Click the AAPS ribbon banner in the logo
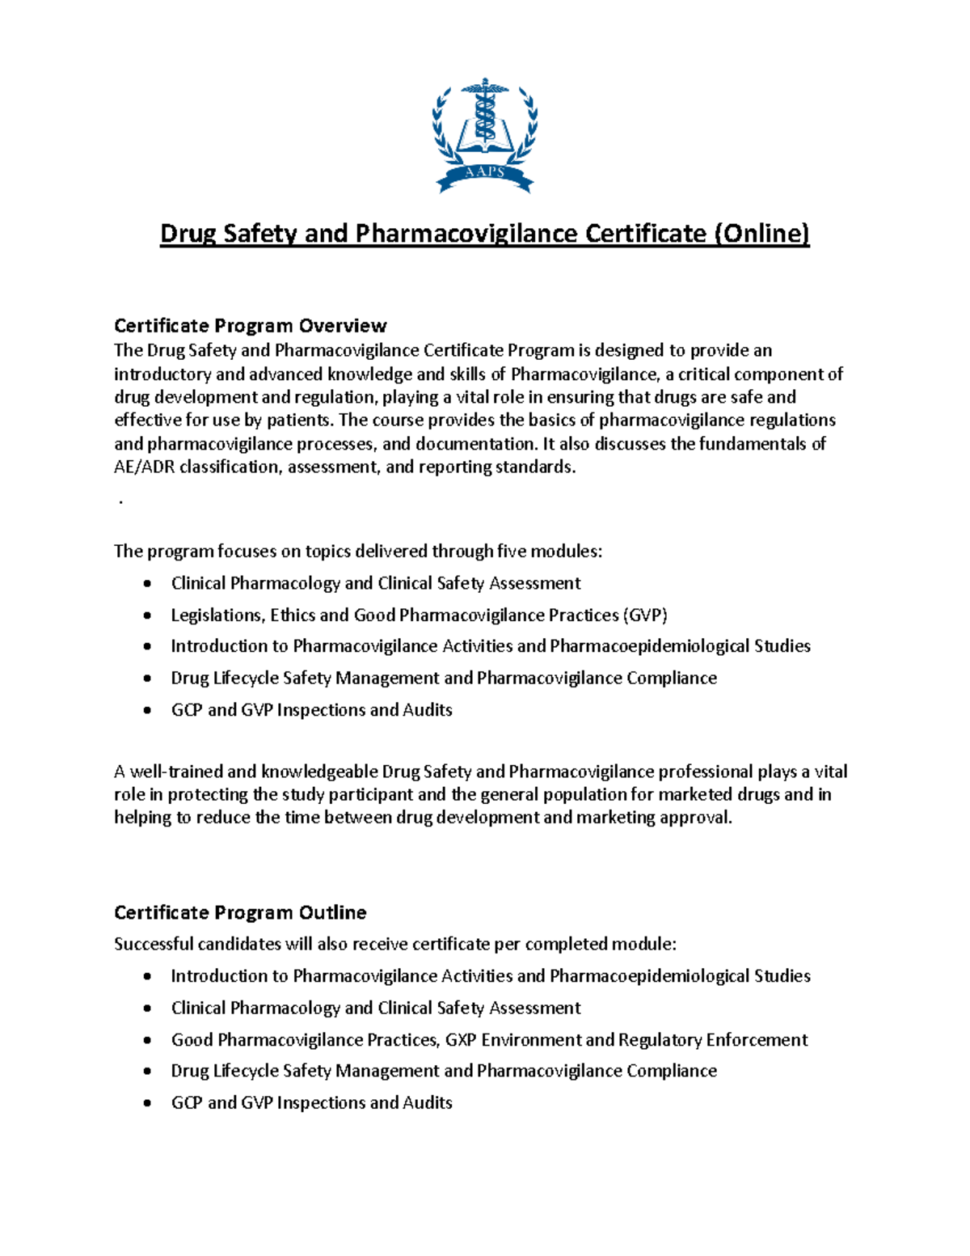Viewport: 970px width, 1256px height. point(485,172)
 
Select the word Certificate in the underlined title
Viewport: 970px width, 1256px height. point(645,234)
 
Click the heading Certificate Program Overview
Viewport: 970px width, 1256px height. point(250,326)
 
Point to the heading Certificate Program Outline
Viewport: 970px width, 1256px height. point(240,912)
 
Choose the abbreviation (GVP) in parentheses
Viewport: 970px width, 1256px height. point(645,615)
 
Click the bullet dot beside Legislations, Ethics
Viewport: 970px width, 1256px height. point(146,615)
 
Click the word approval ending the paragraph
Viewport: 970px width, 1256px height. point(694,818)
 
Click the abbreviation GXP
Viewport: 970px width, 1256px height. point(461,1039)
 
